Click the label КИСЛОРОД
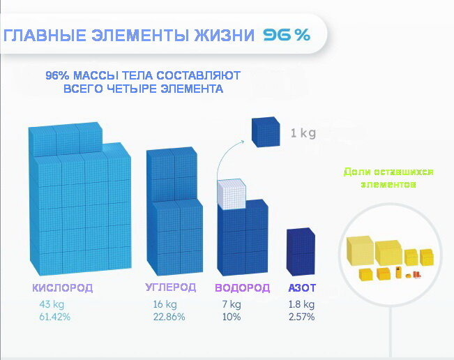click(x=63, y=288)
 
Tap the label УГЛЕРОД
click(x=171, y=287)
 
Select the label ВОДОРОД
click(x=243, y=288)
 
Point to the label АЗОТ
click(x=302, y=288)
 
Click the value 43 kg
click(x=52, y=304)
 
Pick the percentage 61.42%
click(x=54, y=317)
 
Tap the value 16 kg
click(x=165, y=304)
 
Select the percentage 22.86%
click(x=169, y=317)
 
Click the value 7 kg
click(x=232, y=304)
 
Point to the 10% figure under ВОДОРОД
click(x=232, y=317)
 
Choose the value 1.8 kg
click(x=301, y=304)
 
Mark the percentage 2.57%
click(x=301, y=317)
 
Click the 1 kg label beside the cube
click(x=303, y=133)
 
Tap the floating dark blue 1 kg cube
click(x=266, y=132)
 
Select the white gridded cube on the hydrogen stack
click(x=232, y=194)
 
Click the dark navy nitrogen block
click(x=301, y=252)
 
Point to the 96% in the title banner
click(x=287, y=35)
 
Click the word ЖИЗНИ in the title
click(x=224, y=36)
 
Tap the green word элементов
click(x=388, y=184)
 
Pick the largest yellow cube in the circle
click(x=360, y=250)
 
